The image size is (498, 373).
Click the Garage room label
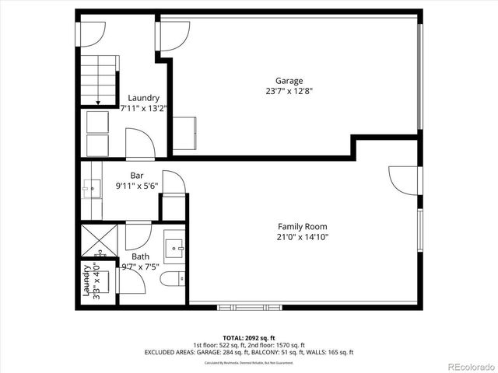pyautogui.click(x=289, y=81)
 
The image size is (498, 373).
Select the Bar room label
pyautogui.click(x=137, y=176)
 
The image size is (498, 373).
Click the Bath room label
pyautogui.click(x=140, y=256)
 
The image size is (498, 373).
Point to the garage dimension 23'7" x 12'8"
pyautogui.click(x=289, y=91)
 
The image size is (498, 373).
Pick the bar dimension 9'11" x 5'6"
pyautogui.click(x=137, y=186)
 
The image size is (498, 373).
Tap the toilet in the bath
pyautogui.click(x=170, y=279)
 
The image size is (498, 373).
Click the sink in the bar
pyautogui.click(x=91, y=188)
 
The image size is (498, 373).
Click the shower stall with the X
pyautogui.click(x=98, y=241)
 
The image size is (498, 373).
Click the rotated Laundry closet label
pyautogui.click(x=86, y=281)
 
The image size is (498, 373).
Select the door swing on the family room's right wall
pyautogui.click(x=403, y=180)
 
